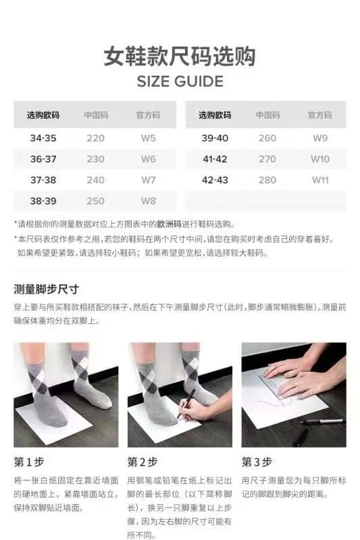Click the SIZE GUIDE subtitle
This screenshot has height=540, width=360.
tap(180, 82)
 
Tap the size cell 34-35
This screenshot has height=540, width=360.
tap(43, 138)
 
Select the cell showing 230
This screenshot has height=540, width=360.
tap(95, 159)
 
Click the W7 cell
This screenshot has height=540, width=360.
tap(148, 180)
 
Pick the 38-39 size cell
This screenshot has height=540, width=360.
tap(43, 200)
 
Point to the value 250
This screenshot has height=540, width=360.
tap(95, 200)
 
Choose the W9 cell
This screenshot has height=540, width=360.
tap(320, 138)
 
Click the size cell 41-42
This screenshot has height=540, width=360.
tap(215, 159)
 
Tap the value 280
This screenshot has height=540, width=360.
tap(267, 180)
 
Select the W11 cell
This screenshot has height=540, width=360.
tap(320, 180)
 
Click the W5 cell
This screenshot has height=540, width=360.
tap(148, 138)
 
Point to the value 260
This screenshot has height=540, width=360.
tap(267, 138)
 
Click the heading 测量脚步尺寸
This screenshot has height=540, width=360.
tap(47, 290)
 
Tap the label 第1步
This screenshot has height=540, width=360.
tap(29, 462)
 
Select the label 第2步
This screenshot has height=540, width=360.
tap(143, 462)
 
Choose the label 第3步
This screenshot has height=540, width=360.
tap(257, 462)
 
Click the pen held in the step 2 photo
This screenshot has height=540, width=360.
tap(186, 403)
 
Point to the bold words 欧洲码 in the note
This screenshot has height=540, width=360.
tap(169, 225)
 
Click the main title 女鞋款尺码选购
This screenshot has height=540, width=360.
tap(180, 56)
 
